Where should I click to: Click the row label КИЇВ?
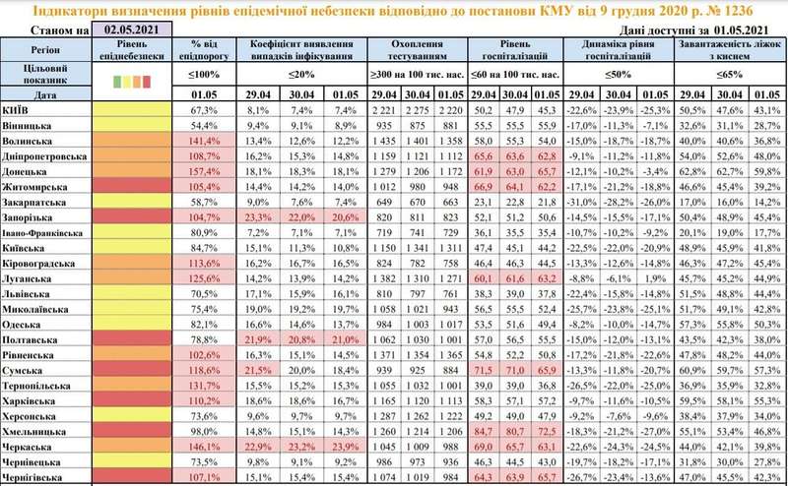tap(18, 110)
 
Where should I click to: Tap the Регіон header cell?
tap(45, 45)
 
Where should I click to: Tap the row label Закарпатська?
tap(37, 200)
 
